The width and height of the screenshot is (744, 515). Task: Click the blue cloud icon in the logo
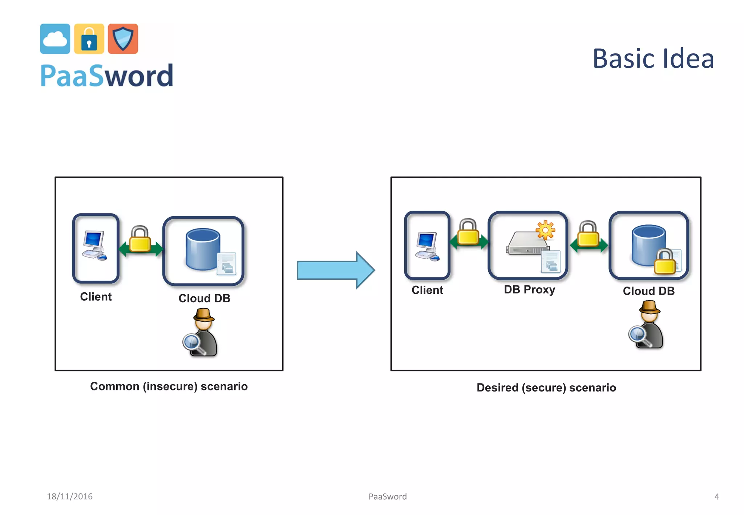[55, 39]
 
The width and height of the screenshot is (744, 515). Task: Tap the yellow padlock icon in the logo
[89, 39]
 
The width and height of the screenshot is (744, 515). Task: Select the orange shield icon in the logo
[123, 39]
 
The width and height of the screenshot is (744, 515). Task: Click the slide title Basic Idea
[653, 59]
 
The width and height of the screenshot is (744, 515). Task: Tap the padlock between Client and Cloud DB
[140, 240]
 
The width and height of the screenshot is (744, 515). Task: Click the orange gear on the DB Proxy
[545, 230]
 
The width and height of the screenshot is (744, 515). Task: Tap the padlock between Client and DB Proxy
[468, 232]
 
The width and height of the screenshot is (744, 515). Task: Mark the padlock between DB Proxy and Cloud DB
[588, 235]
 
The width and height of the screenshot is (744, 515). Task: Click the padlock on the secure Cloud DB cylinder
[665, 262]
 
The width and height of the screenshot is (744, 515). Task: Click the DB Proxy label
[529, 290]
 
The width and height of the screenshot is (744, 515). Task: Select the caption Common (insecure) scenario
[169, 386]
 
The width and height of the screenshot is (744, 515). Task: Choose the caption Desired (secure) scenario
[546, 388]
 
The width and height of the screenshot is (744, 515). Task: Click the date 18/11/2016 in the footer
[70, 496]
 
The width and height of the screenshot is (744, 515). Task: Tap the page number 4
[716, 496]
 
